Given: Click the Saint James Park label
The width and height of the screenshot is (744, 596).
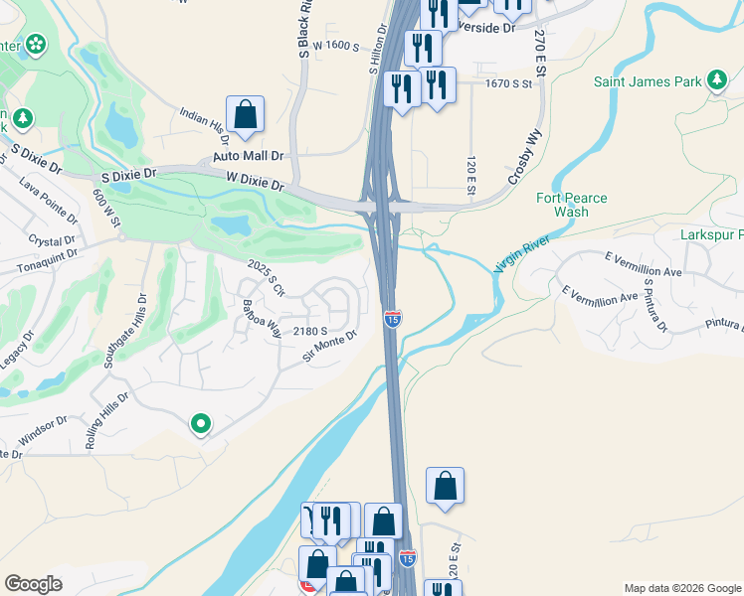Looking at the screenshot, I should [x=649, y=82].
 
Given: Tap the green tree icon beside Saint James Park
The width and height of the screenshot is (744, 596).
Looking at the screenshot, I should [x=716, y=82].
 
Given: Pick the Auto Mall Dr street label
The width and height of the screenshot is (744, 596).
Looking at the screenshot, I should [x=249, y=157].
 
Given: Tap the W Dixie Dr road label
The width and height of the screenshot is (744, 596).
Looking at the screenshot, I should [x=255, y=184].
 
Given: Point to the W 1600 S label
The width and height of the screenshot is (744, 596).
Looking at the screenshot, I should [x=335, y=46].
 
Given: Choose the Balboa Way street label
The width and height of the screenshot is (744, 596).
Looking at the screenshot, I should [x=263, y=317].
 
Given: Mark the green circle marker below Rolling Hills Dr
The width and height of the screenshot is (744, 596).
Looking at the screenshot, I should [x=201, y=425].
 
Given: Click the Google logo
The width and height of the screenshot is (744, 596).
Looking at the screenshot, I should [x=33, y=584].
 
